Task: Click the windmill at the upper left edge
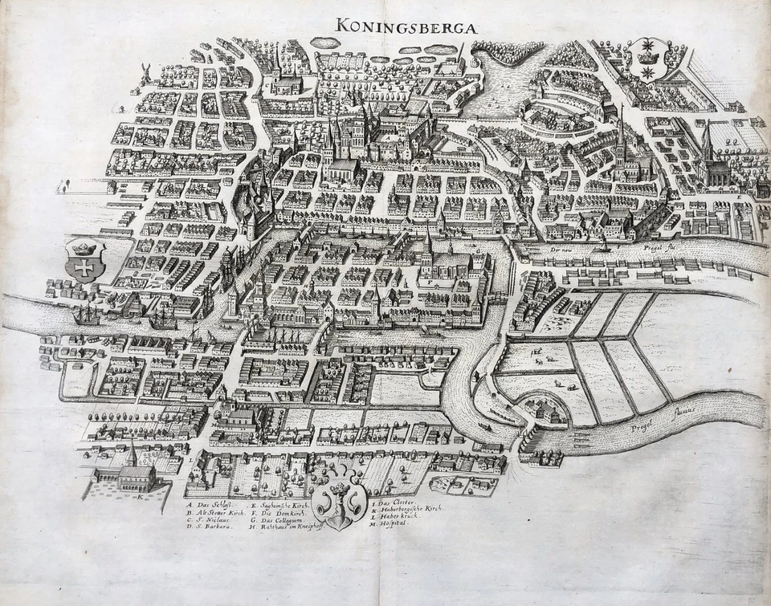(x=146, y=71)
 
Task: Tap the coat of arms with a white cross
(x=84, y=259)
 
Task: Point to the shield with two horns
(x=340, y=502)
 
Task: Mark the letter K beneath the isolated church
(x=140, y=497)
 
